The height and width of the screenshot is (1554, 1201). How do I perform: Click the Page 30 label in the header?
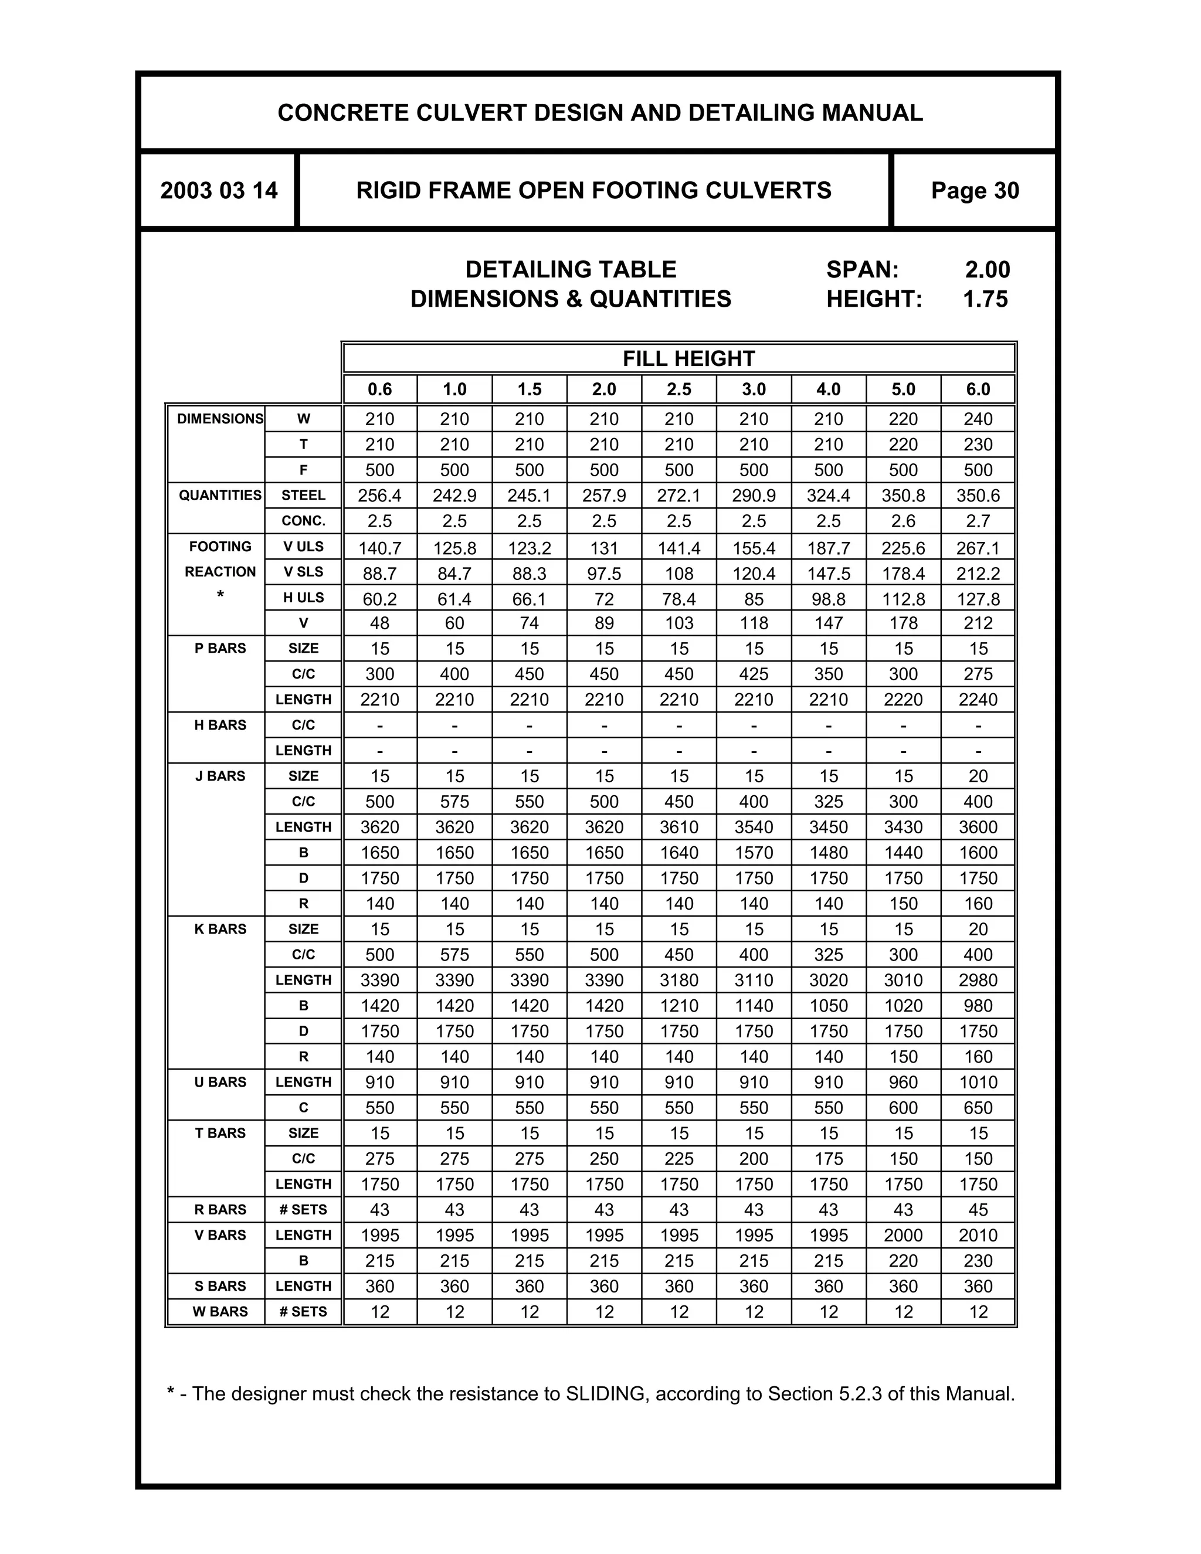(x=974, y=191)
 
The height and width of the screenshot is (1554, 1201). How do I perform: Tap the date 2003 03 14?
(x=218, y=191)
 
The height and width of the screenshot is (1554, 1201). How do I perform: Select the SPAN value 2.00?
(x=987, y=270)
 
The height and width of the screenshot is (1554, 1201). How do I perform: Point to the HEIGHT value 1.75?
(x=985, y=299)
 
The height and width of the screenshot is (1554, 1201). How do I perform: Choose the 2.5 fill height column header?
(x=678, y=389)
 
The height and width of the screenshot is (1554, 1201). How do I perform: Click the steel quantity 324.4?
(x=828, y=496)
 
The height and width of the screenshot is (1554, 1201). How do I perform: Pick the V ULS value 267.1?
(x=978, y=548)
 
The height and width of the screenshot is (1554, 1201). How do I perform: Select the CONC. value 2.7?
(x=978, y=521)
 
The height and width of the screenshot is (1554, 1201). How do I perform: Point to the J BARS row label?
(x=220, y=776)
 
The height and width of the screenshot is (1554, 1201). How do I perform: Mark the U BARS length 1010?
(x=978, y=1083)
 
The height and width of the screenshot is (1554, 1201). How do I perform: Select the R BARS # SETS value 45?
(x=978, y=1210)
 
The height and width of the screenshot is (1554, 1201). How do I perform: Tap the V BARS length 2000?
(x=903, y=1235)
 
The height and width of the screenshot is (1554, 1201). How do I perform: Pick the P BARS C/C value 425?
(x=754, y=674)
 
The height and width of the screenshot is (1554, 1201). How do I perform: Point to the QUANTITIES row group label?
(x=220, y=496)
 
